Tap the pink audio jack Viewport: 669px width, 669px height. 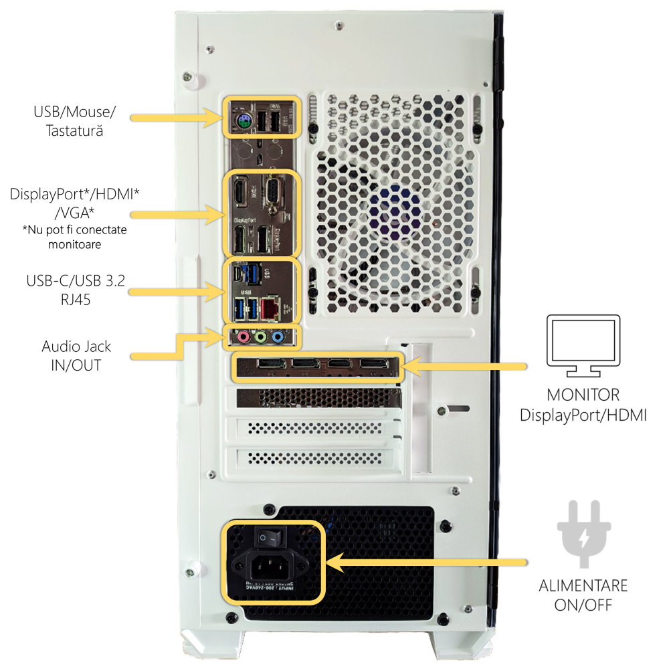point(244,337)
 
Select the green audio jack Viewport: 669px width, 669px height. point(261,337)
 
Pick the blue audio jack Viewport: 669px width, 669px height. point(278,337)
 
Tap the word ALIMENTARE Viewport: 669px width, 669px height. point(583,586)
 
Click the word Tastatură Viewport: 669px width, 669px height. point(74,131)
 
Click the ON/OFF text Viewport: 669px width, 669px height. point(583,605)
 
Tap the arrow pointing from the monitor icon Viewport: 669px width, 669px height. point(468,366)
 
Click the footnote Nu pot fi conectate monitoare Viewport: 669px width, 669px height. point(74,237)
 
